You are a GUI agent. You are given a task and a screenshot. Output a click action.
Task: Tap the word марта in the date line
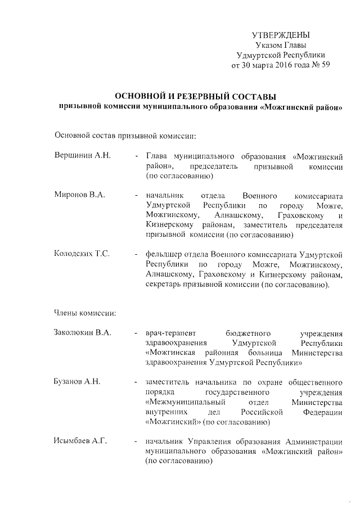(264, 65)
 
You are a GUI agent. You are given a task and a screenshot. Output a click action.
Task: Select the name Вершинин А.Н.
(76, 155)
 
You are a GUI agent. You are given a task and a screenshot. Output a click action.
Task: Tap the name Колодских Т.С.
(78, 254)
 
